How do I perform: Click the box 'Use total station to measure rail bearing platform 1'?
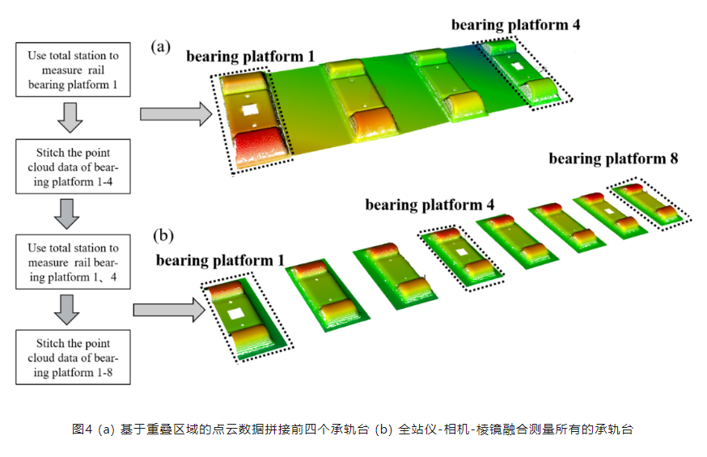[x=73, y=70]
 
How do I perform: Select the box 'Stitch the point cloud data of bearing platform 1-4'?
[x=73, y=166]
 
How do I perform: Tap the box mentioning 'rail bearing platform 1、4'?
[x=73, y=262]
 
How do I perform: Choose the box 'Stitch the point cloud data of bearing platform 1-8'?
[x=73, y=357]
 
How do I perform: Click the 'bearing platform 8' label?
[x=613, y=159]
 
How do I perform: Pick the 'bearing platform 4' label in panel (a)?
[x=515, y=25]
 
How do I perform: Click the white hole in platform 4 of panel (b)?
[x=461, y=252]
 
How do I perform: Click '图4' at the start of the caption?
[x=83, y=429]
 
